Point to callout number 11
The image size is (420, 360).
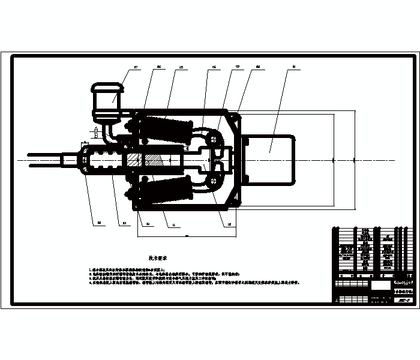coord(175,225)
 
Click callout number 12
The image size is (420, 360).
coord(229,225)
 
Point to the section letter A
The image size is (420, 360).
coord(95,129)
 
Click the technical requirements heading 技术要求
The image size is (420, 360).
coord(157,256)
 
